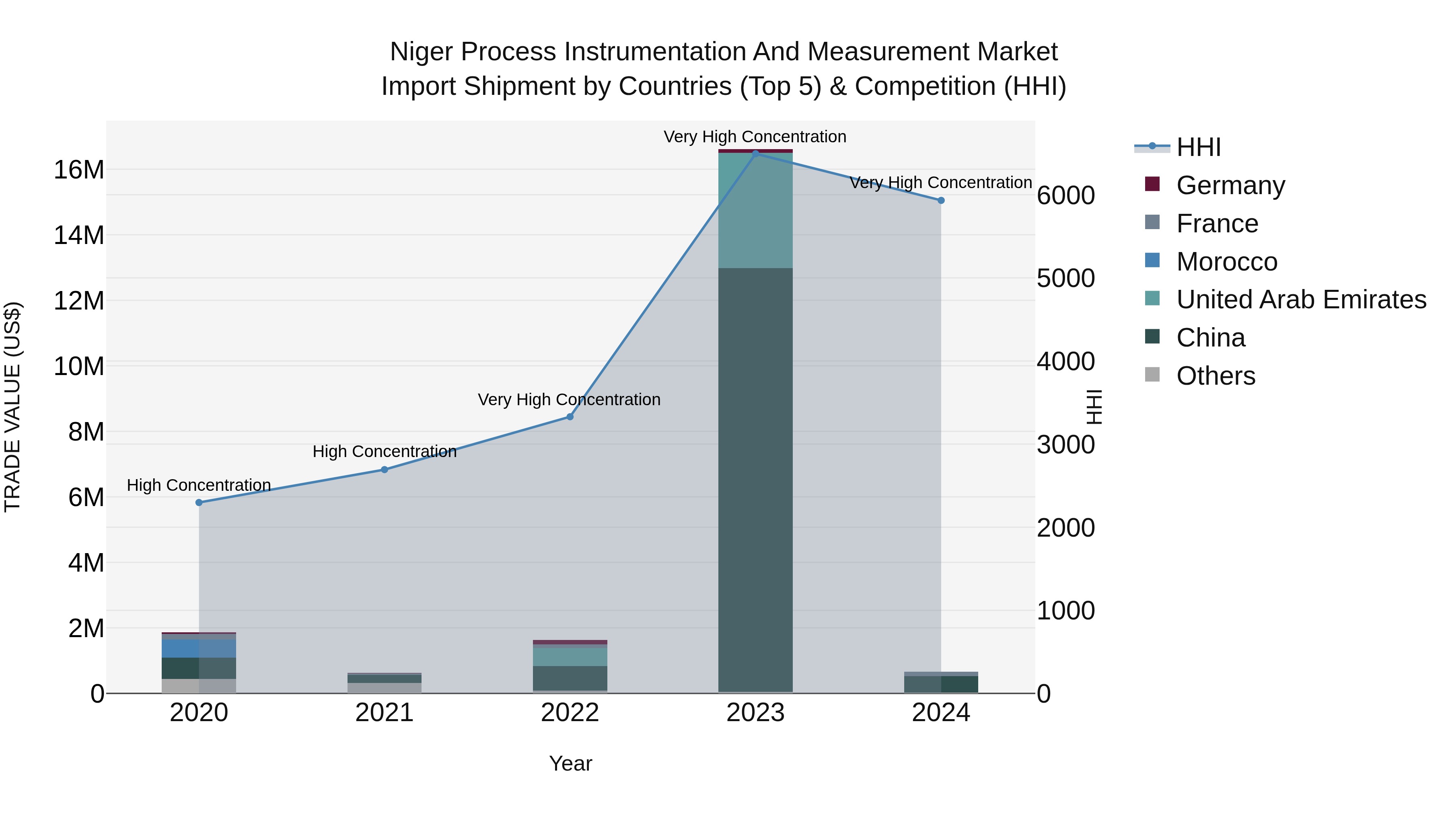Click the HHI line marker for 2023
[755, 154]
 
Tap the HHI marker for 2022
[570, 417]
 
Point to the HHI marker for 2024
[941, 201]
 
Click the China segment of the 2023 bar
[755, 478]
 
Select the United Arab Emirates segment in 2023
[755, 211]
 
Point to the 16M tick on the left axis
[79, 170]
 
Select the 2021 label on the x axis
[385, 713]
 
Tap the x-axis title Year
[570, 763]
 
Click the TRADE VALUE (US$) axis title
[12, 407]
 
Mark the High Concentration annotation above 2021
[385, 452]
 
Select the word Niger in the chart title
[417, 52]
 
